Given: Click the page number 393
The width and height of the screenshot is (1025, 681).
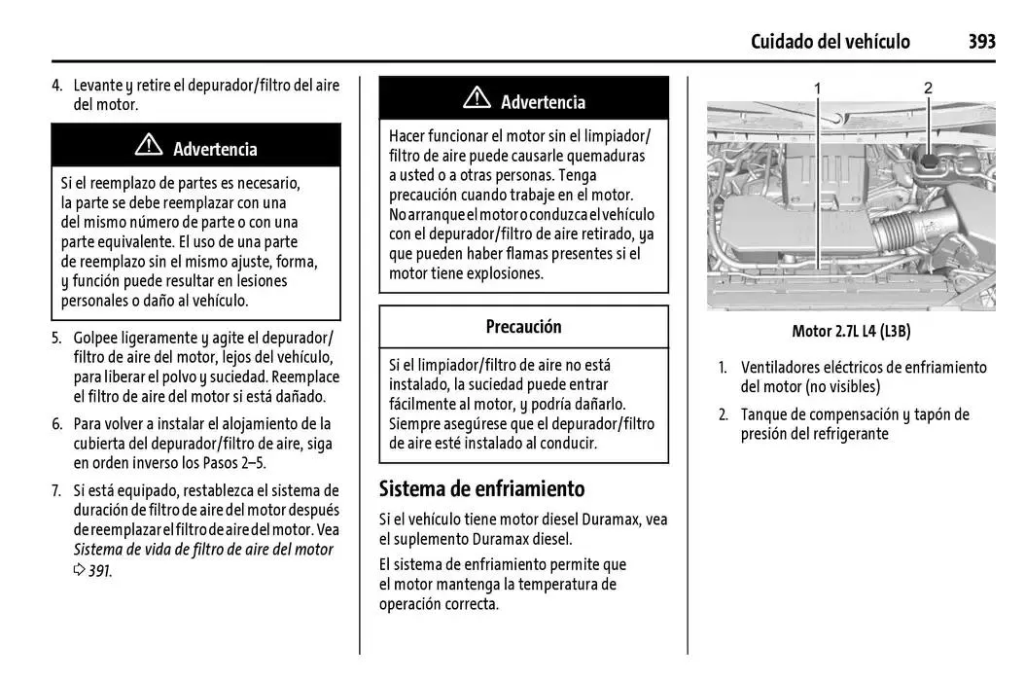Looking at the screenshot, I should coord(981,41).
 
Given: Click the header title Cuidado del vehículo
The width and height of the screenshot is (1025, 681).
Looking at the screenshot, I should coord(831,41).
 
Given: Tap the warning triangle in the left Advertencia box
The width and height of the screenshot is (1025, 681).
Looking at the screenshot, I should coord(149,147).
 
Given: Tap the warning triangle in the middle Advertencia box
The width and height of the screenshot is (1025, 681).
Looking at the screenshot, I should coord(477,99).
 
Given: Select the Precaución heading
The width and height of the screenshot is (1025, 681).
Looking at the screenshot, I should coord(523,327).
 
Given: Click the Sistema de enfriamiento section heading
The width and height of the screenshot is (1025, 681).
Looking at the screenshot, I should coord(481,488).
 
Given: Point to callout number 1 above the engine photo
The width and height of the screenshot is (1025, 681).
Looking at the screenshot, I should coord(818,88).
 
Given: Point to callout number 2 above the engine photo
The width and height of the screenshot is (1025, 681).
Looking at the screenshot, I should coord(928,88).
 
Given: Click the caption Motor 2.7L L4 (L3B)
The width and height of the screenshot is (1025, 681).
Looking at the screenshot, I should coord(850,331).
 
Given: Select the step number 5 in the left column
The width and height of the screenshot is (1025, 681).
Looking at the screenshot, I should coord(56,339).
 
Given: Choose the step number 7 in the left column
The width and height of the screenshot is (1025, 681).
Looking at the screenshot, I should coord(56,490).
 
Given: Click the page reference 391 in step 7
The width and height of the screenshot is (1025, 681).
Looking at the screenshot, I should coord(98,570).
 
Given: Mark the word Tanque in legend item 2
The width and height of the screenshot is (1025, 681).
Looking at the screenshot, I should coord(765,414).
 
